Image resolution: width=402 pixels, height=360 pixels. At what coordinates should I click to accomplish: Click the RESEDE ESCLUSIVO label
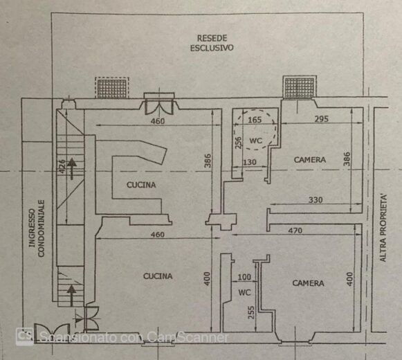(212, 43)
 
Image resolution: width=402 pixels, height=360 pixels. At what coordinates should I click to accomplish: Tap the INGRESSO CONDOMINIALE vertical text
(37, 228)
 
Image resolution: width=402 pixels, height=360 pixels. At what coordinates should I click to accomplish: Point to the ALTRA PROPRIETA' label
(383, 228)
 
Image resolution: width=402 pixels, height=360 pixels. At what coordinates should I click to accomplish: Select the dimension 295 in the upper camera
(322, 119)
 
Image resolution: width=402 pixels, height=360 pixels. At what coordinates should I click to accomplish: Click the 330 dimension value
(316, 199)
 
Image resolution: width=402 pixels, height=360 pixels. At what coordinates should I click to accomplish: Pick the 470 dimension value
(295, 231)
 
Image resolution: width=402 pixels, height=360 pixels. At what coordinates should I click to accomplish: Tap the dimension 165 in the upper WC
(255, 120)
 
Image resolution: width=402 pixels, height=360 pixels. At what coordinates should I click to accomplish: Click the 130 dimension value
(250, 162)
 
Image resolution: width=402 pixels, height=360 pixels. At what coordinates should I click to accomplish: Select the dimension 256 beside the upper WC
(239, 143)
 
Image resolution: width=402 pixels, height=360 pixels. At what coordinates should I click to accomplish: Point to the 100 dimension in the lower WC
(244, 277)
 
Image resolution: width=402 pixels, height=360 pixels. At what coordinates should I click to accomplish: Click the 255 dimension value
(251, 312)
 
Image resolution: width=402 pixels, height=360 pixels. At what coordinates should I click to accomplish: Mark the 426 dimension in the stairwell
(62, 167)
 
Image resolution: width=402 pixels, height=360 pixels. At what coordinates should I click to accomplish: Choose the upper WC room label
(255, 141)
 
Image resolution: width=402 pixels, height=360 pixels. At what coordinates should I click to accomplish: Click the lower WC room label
(244, 292)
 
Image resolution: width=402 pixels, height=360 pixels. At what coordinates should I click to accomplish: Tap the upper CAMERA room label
(310, 160)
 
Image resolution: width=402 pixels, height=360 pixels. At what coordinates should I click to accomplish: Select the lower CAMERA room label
(308, 283)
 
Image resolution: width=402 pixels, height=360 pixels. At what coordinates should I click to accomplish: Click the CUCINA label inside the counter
(141, 185)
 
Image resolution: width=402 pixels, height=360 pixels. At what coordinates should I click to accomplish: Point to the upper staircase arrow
(72, 169)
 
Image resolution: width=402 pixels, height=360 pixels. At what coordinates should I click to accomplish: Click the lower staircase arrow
(71, 295)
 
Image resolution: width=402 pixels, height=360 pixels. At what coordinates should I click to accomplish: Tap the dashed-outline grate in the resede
(112, 88)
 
